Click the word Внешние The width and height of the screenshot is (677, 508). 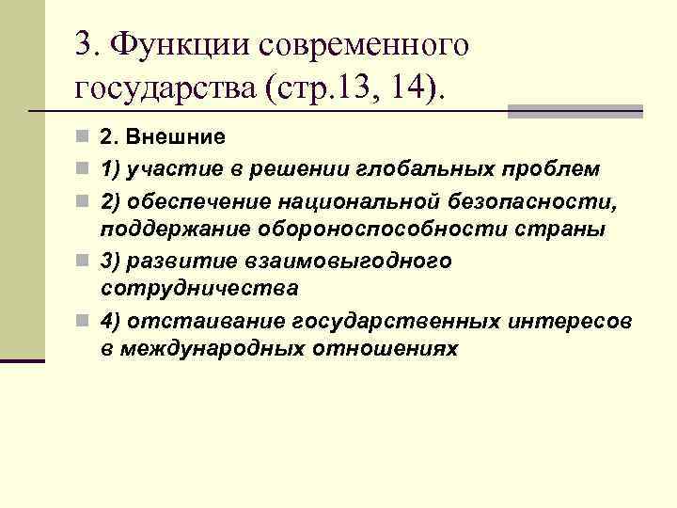point(175,137)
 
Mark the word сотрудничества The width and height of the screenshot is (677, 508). point(200,288)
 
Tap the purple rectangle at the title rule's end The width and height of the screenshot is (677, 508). point(575,111)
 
